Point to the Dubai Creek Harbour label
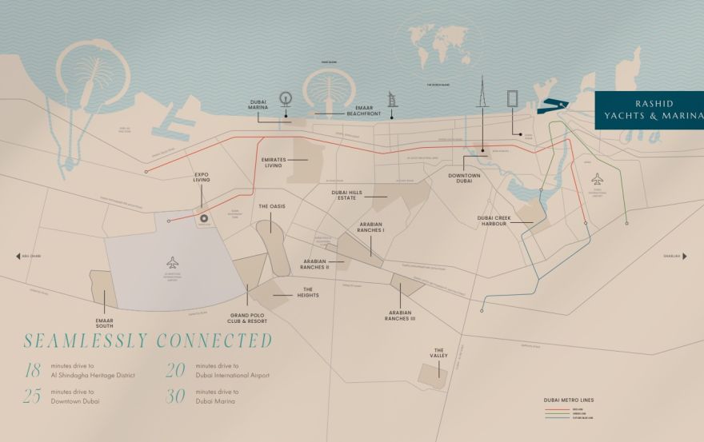[x=501, y=220]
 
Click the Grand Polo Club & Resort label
[x=247, y=318]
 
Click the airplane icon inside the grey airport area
[x=173, y=262]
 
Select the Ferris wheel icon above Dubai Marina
[x=284, y=100]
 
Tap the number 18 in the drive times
[x=32, y=370]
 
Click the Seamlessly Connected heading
[x=148, y=340]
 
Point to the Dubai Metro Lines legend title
[x=569, y=400]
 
